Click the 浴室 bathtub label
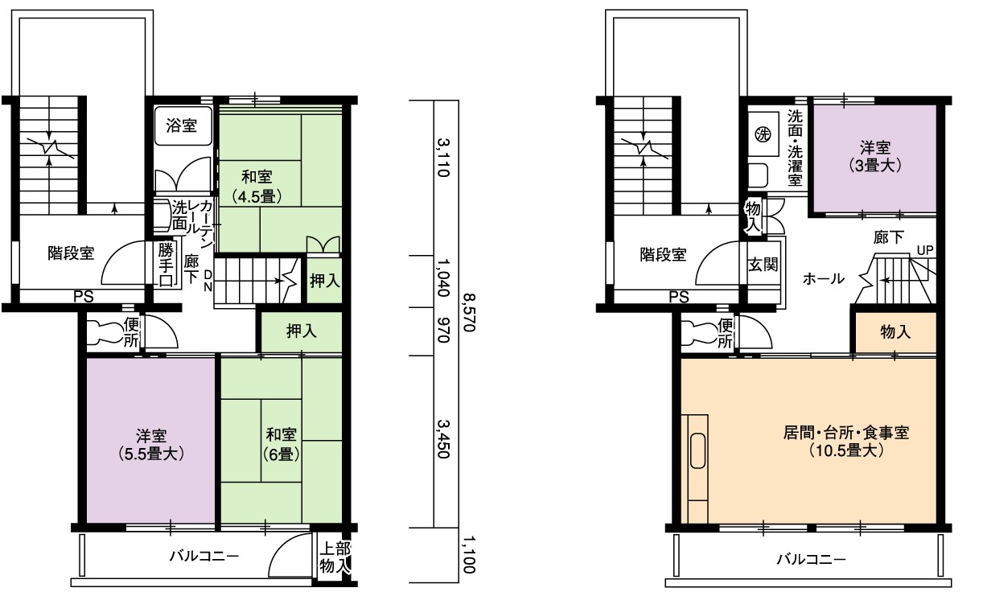(181, 126)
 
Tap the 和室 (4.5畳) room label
(257, 186)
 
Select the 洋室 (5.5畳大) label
(151, 445)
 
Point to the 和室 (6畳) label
(282, 444)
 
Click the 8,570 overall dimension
(469, 312)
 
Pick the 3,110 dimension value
(444, 158)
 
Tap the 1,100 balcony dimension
(469, 554)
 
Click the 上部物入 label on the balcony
(335, 557)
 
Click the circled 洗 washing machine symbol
(763, 134)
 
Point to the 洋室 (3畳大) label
(874, 156)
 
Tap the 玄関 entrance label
(763, 265)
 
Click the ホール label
(823, 278)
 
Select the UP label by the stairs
(925, 251)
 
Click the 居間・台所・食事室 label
(845, 433)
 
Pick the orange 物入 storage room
(895, 333)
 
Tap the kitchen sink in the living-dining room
(697, 450)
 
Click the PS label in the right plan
(678, 297)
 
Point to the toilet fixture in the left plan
(104, 333)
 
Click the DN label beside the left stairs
(208, 281)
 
